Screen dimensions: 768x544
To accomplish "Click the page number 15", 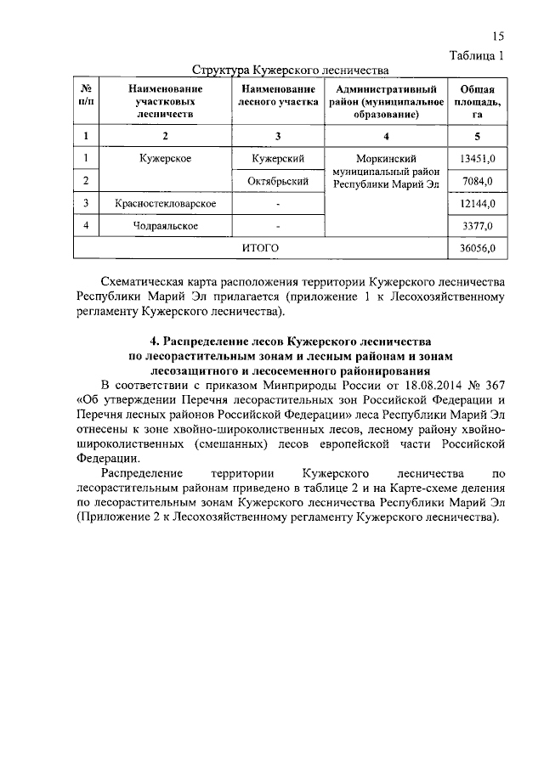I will point(497,37).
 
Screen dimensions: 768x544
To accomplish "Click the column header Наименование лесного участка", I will point(279,95).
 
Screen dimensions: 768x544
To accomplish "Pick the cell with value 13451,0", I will point(476,159).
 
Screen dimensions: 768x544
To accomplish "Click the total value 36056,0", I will point(476,248).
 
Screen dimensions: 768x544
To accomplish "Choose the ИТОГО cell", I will point(260,248).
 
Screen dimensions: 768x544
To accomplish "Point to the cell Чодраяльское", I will point(165,226).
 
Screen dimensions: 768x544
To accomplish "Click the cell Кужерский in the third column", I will point(279,159).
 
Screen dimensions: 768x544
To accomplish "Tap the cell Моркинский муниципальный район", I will point(387,171).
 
